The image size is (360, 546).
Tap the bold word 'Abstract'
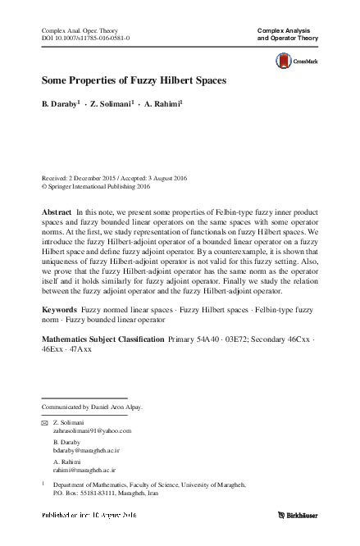click(x=57, y=212)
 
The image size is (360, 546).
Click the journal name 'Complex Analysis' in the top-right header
click(x=287, y=30)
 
